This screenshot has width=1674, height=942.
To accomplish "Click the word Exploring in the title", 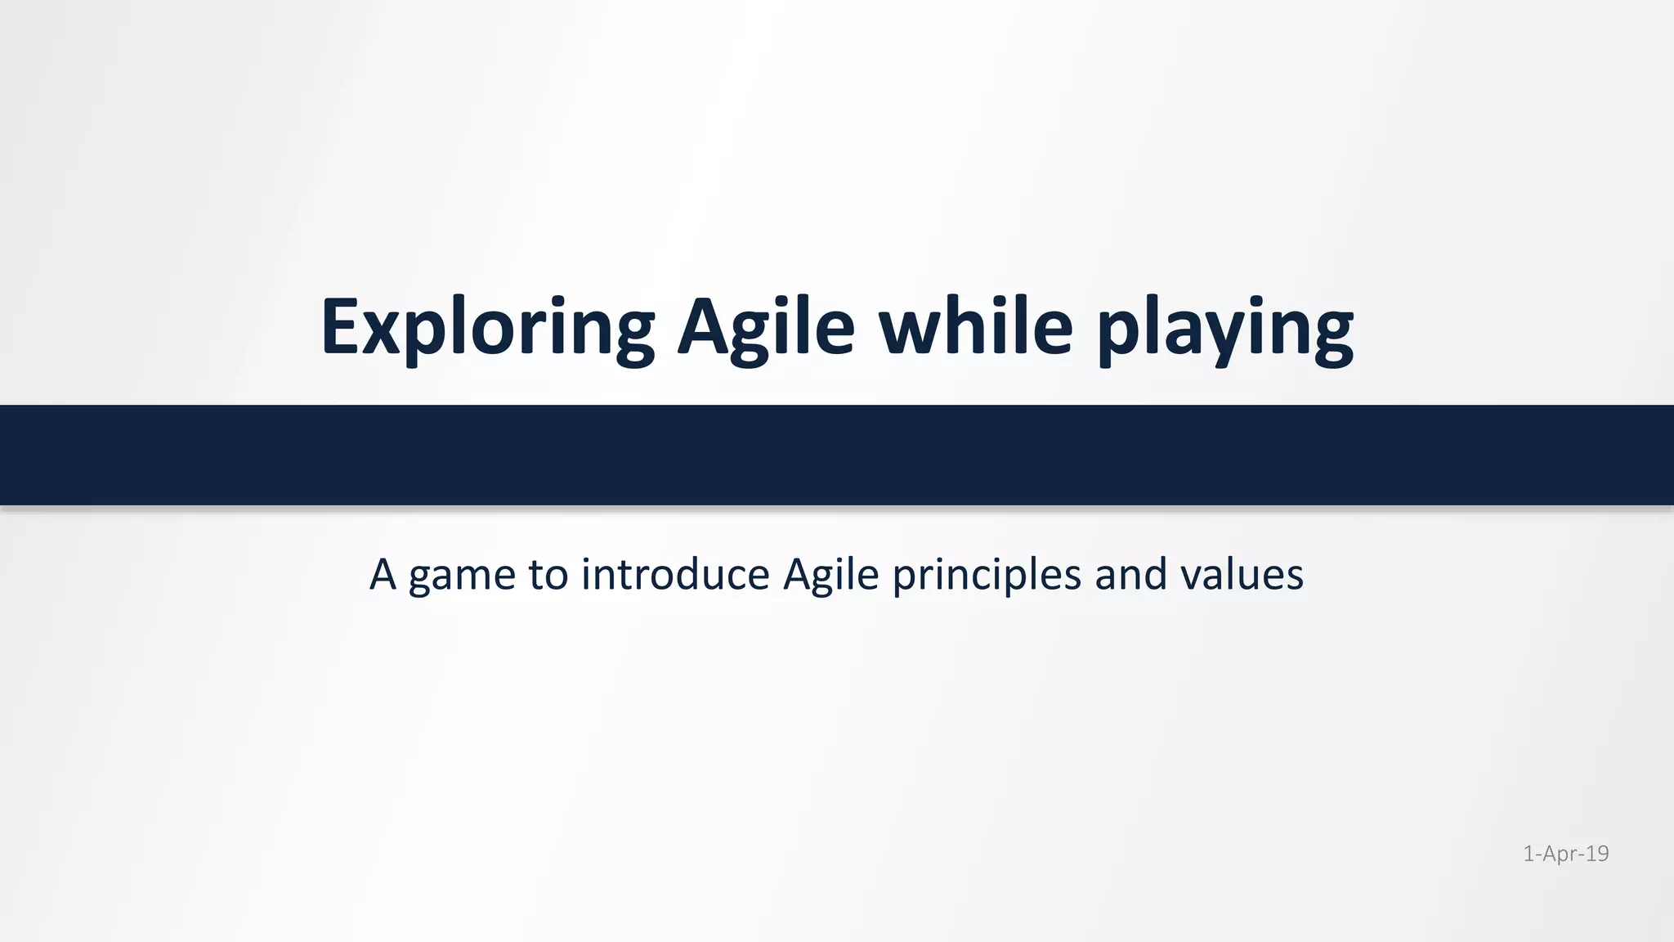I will [x=487, y=327].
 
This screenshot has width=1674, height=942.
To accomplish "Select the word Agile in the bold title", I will [x=766, y=327].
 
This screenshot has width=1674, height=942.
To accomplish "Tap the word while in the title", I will [x=975, y=327].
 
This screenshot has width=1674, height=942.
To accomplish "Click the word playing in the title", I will [x=1224, y=327].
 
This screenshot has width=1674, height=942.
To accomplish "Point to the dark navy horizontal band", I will [x=837, y=455].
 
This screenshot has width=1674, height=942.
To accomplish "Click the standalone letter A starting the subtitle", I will [x=383, y=574].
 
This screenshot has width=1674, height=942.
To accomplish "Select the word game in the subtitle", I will [x=462, y=576].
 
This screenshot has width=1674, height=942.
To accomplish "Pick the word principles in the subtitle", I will [x=987, y=576].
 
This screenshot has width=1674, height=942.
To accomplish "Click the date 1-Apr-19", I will [x=1565, y=854].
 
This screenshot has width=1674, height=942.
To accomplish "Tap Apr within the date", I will [x=1560, y=854].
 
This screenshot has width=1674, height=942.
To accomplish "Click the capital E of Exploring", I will [x=340, y=327].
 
